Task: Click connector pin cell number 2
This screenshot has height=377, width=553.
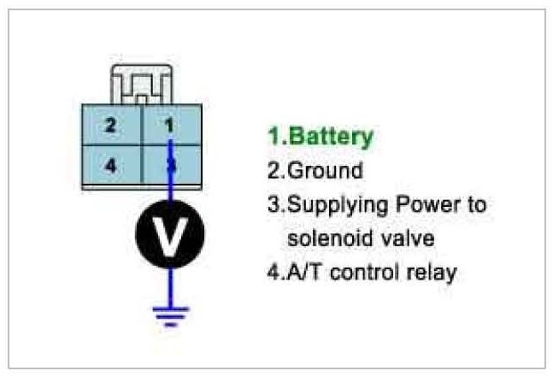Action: pos(111,125)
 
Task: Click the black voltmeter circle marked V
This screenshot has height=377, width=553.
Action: pos(170,233)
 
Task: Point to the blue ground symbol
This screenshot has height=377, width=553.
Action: pos(170,315)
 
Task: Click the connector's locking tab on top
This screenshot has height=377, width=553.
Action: pos(141,84)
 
